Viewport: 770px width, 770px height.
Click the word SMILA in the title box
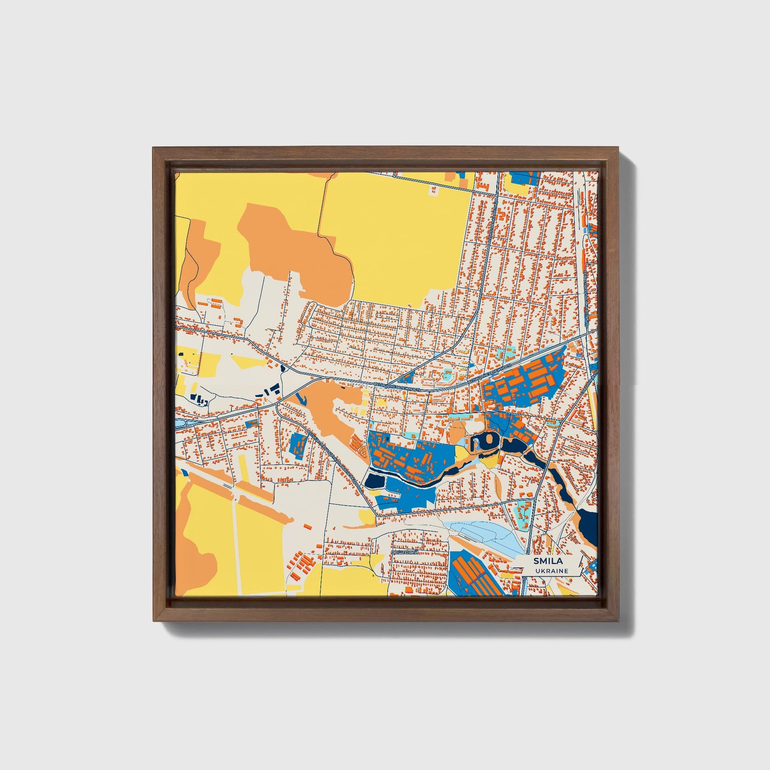545,561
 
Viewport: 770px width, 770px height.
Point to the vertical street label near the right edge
586,296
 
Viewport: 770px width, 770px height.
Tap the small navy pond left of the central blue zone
374,481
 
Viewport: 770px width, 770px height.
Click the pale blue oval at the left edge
180,423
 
